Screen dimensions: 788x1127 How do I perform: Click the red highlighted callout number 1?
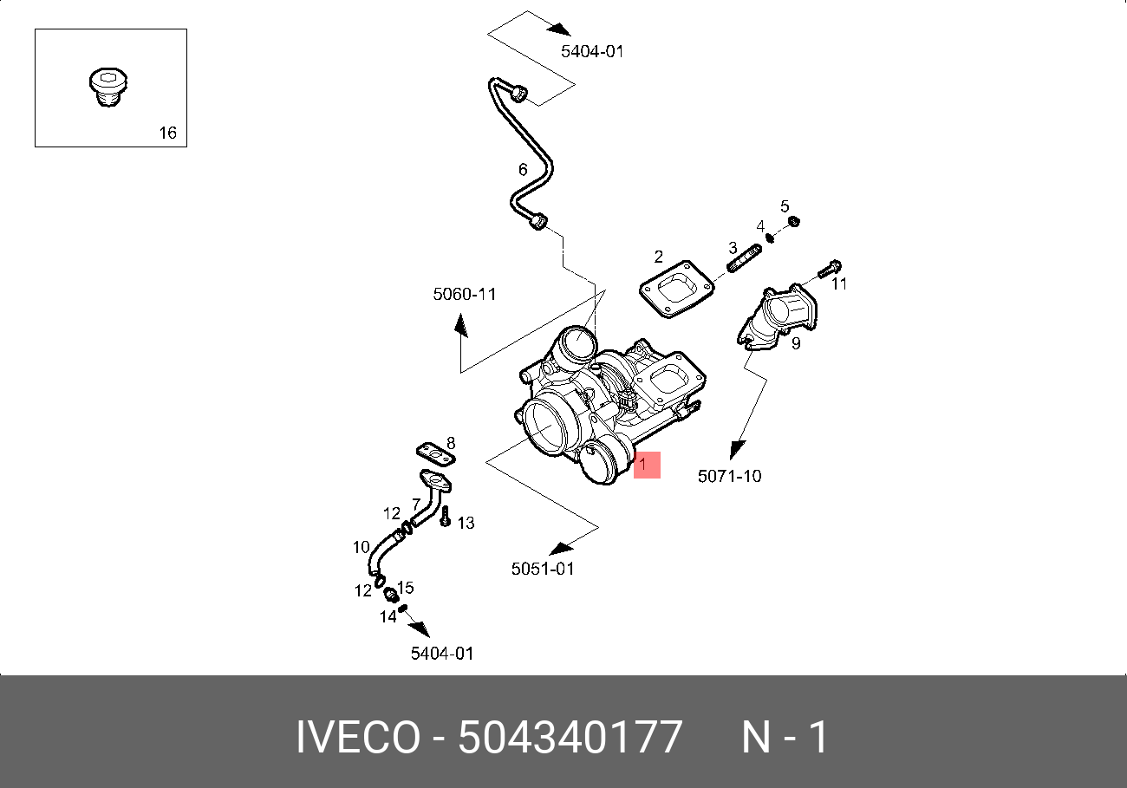pos(647,465)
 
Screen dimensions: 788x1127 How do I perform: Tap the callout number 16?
pos(167,133)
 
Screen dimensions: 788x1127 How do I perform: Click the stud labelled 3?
pos(743,258)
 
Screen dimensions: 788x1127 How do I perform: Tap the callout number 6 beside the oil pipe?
pos(523,170)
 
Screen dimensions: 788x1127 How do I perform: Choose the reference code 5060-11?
pos(465,295)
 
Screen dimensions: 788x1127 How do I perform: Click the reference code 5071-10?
pos(730,476)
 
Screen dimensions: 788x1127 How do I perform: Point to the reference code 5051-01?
pos(543,569)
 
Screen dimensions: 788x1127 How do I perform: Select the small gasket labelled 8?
pos(435,452)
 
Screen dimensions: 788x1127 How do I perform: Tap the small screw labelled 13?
pos(445,518)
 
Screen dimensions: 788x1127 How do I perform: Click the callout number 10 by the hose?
pos(361,547)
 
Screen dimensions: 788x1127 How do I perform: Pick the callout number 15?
pos(405,588)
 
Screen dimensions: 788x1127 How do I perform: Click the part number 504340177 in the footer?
pos(570,738)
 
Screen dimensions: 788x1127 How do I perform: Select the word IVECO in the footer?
pos(358,738)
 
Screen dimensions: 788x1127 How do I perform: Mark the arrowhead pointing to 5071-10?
pos(736,450)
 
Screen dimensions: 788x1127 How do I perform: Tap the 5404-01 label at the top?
pos(592,51)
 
